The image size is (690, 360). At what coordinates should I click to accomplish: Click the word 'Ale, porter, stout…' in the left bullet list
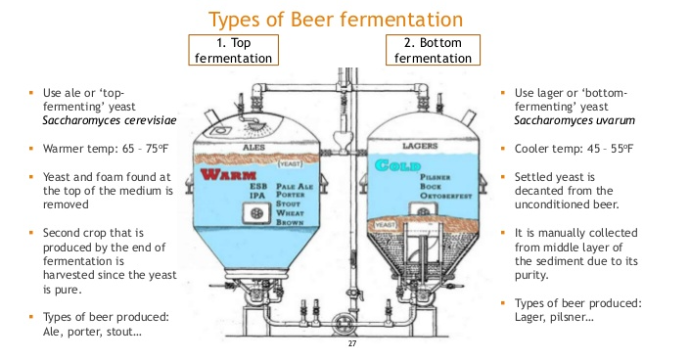point(91,332)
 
